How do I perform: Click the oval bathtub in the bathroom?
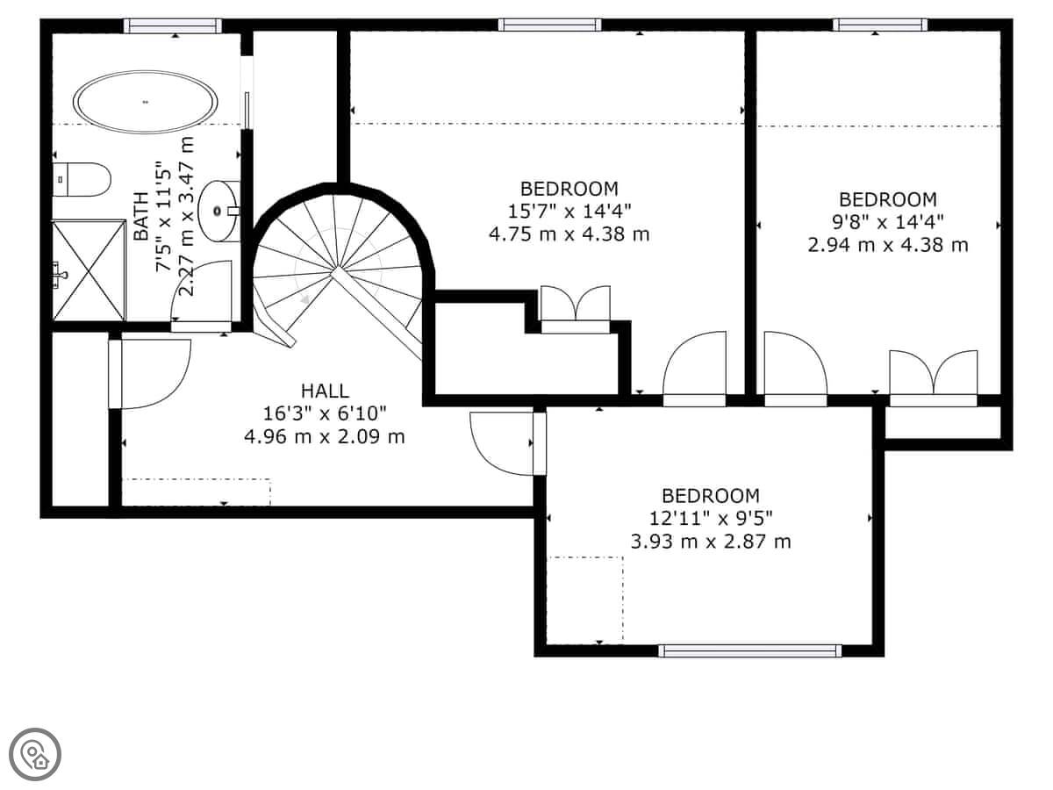click(145, 102)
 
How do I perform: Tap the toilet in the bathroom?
click(81, 179)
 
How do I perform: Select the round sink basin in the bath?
click(218, 211)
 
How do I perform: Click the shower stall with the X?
click(89, 270)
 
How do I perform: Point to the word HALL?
click(325, 391)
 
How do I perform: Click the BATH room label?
click(141, 216)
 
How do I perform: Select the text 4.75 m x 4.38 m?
click(569, 234)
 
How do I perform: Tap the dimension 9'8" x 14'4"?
click(887, 222)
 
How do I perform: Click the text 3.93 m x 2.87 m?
click(711, 542)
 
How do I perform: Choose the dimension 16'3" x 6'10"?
click(325, 413)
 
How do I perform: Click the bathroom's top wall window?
click(173, 26)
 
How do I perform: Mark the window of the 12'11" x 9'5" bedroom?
click(749, 650)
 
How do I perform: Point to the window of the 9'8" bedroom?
click(880, 25)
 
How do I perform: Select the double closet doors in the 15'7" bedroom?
click(576, 303)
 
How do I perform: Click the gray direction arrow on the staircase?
click(304, 300)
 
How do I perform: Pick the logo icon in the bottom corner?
click(35, 755)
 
